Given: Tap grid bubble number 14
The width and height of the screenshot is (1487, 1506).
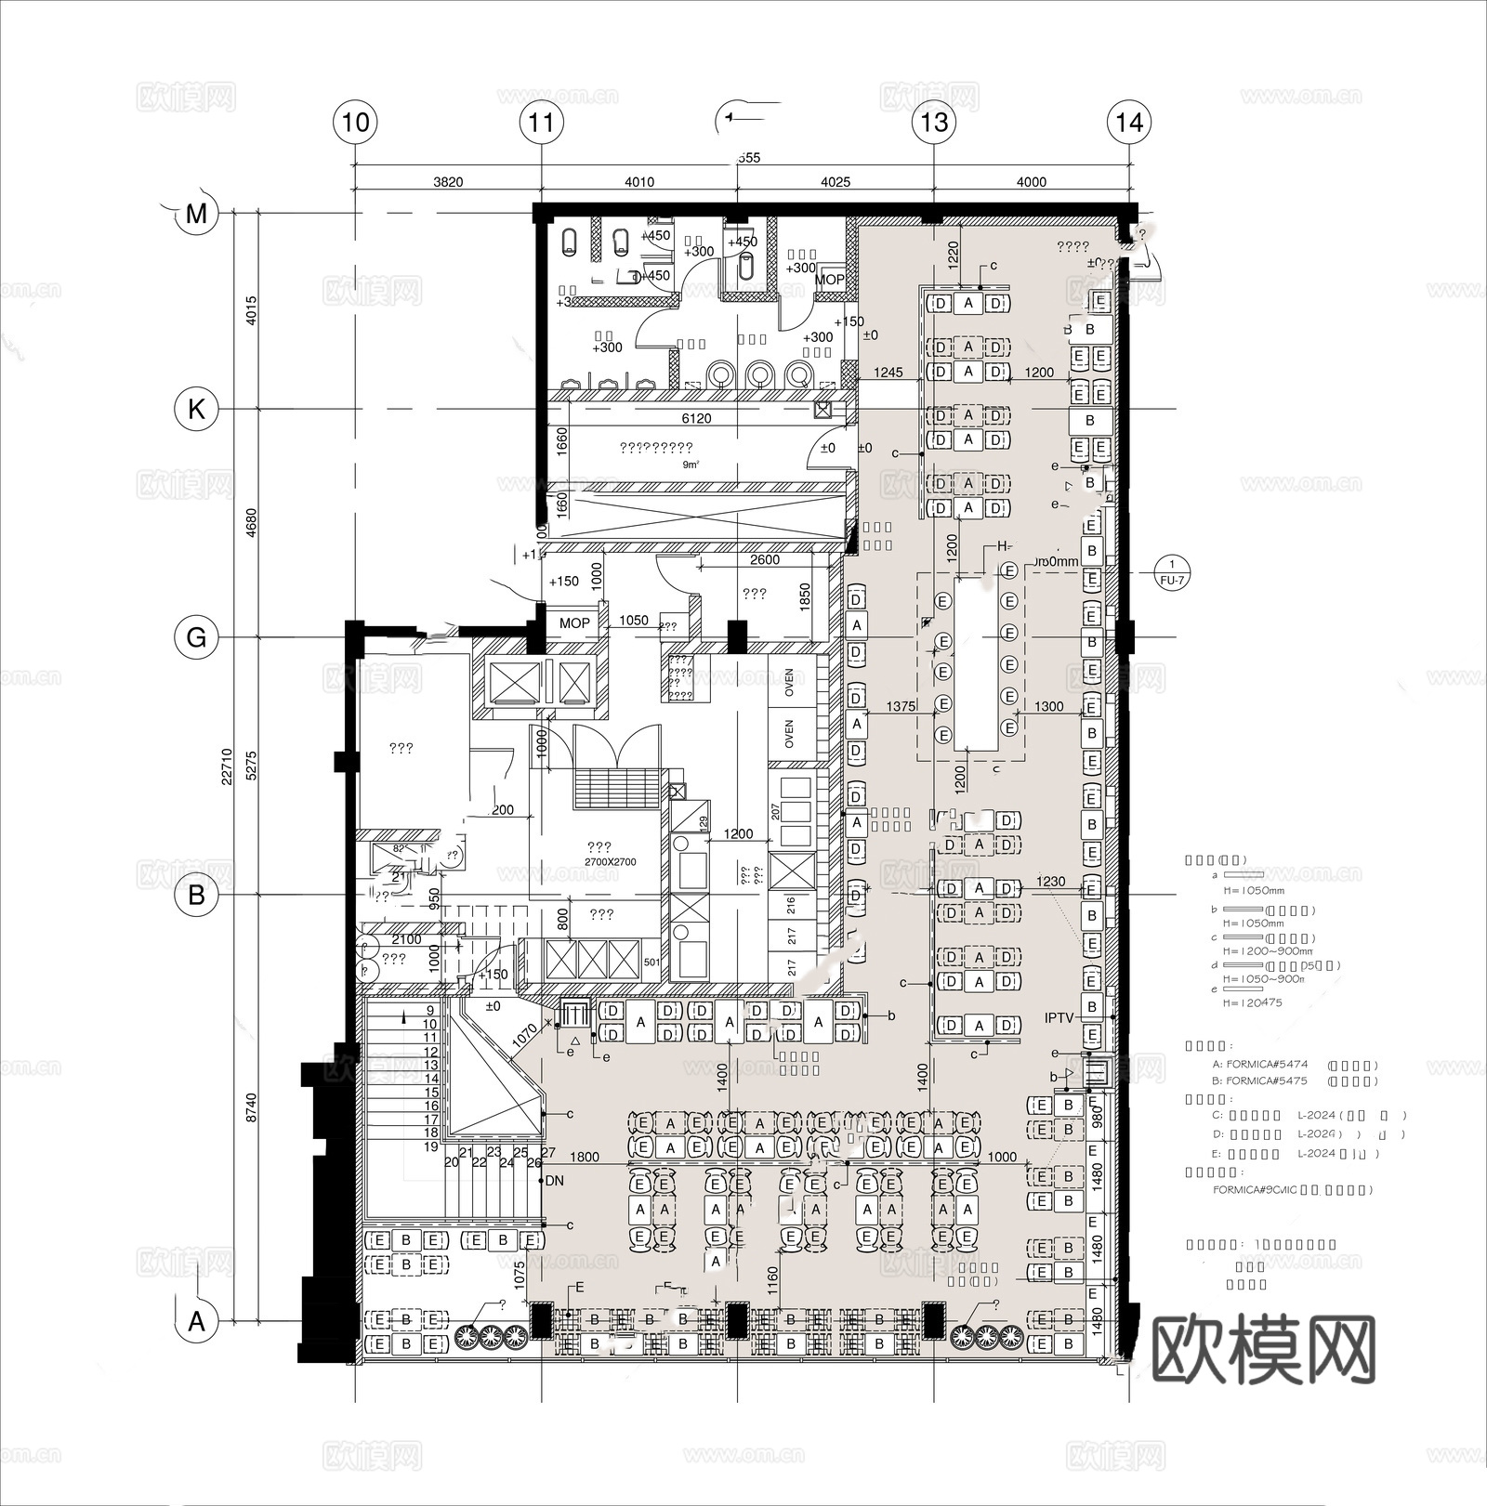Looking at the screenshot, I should click(x=1129, y=123).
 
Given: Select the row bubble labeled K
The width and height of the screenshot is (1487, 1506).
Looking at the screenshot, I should click(x=196, y=409).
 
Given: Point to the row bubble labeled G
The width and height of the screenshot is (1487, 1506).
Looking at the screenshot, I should click(x=196, y=638).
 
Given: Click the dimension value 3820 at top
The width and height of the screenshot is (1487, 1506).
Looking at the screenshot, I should click(x=448, y=182).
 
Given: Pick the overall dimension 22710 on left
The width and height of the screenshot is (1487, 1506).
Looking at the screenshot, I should click(x=227, y=766).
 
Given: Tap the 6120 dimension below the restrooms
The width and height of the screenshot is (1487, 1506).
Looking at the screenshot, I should click(x=696, y=418).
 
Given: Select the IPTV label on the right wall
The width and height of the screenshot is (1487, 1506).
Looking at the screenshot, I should click(x=1059, y=1018).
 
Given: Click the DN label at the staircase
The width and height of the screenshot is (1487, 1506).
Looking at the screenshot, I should click(x=555, y=1181).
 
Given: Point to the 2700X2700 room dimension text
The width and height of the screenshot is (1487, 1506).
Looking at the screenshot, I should click(x=610, y=862).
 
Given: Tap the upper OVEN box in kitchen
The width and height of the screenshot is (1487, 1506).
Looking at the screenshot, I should click(x=789, y=683).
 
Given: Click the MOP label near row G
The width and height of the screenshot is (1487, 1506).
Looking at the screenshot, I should click(x=574, y=623).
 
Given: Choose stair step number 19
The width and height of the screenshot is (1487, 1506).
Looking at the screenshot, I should click(x=430, y=1146).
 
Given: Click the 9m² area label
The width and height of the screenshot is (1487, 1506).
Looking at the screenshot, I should click(x=691, y=465).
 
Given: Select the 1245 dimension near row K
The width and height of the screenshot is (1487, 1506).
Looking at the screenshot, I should click(x=888, y=373).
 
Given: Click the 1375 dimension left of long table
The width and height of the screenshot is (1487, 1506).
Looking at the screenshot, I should click(x=901, y=706).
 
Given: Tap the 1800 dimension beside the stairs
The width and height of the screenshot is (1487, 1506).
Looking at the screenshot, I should click(x=585, y=1157).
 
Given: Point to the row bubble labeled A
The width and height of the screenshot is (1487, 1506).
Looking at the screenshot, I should click(x=196, y=1320).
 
